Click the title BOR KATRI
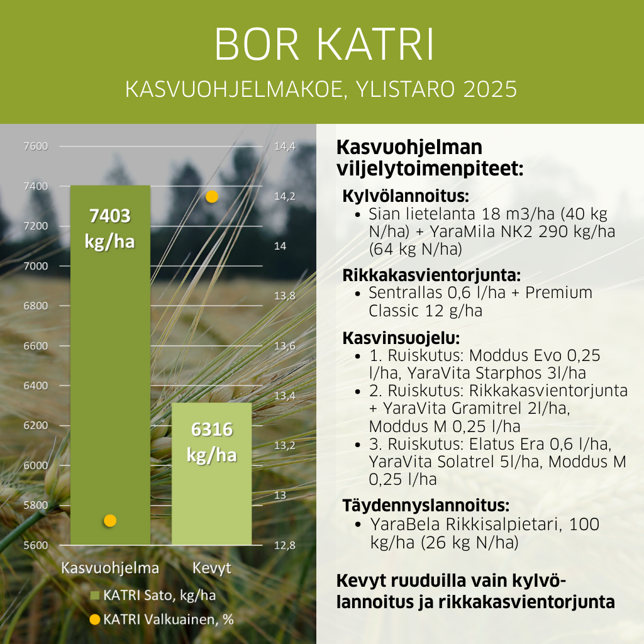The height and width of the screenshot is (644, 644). click(x=324, y=45)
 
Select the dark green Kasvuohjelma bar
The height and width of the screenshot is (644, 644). click(x=110, y=365)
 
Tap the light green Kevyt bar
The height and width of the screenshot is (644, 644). click(x=211, y=474)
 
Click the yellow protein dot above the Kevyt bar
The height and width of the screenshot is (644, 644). click(x=211, y=197)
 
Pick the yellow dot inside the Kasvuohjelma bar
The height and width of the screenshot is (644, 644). click(x=110, y=521)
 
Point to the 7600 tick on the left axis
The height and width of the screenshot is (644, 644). click(x=36, y=146)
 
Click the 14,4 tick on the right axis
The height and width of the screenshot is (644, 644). click(x=285, y=146)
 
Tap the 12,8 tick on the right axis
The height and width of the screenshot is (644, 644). click(x=285, y=545)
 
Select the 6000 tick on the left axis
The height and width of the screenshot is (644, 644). click(x=36, y=465)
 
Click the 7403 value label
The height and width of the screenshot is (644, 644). click(x=110, y=216)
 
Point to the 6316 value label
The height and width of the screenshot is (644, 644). click(x=212, y=430)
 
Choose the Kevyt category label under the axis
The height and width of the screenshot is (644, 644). click(x=212, y=569)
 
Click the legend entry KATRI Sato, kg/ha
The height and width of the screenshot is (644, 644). click(x=153, y=595)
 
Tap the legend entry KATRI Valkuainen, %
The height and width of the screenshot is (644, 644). click(x=162, y=619)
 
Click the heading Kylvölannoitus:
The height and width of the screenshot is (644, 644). click(x=406, y=196)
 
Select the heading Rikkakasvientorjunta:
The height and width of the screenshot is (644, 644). click(x=431, y=275)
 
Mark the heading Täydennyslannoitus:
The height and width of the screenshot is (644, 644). click(x=426, y=506)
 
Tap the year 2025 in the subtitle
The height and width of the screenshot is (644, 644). click(x=490, y=89)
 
